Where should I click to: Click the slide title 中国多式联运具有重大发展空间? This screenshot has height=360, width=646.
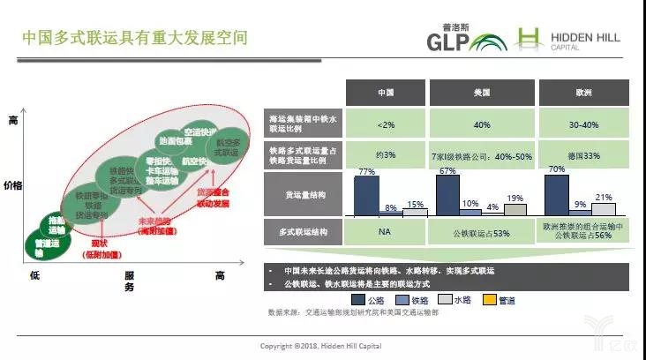click(x=134, y=39)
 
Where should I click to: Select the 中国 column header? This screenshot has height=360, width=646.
click(x=385, y=93)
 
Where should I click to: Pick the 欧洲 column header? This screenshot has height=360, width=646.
click(x=582, y=93)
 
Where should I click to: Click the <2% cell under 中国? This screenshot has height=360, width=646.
click(x=385, y=124)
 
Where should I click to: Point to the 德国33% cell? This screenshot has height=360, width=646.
click(x=582, y=156)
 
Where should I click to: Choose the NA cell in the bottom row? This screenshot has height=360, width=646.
click(x=385, y=232)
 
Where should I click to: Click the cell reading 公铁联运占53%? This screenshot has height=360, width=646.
click(x=483, y=232)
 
